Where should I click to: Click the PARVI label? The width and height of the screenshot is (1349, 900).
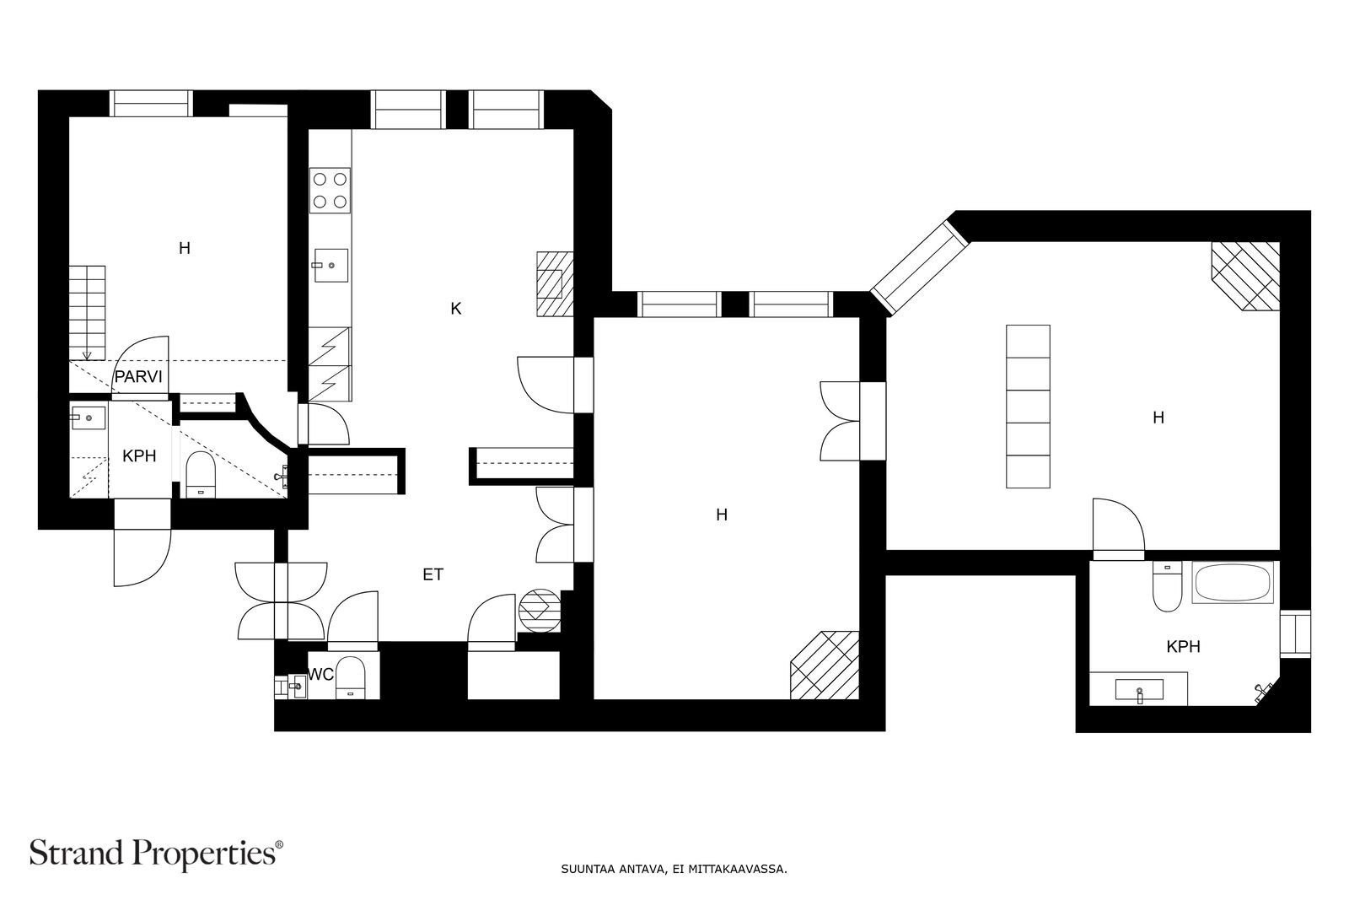pos(138,377)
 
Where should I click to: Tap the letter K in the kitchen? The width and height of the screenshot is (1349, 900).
pos(456,309)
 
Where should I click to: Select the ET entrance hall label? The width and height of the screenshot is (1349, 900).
pos(433,574)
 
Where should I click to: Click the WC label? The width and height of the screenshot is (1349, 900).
pos(320,675)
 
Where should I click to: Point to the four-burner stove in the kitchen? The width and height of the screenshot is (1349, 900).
pos(330,191)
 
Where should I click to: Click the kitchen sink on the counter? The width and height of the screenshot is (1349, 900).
pos(330,266)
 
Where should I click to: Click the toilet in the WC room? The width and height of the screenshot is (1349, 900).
pos(350,677)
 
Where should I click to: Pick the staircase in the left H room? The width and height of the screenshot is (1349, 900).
pos(88,313)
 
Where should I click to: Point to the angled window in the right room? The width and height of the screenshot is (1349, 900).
pos(920,268)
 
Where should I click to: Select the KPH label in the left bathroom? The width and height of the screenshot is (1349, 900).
pos(139,456)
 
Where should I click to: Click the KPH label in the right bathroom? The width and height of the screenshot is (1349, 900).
pos(1184,647)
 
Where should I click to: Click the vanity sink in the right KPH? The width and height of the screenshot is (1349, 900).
pos(1139,690)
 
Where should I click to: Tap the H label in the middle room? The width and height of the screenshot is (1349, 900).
pos(722,515)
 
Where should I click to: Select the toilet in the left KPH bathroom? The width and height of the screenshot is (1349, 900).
pos(202,474)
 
